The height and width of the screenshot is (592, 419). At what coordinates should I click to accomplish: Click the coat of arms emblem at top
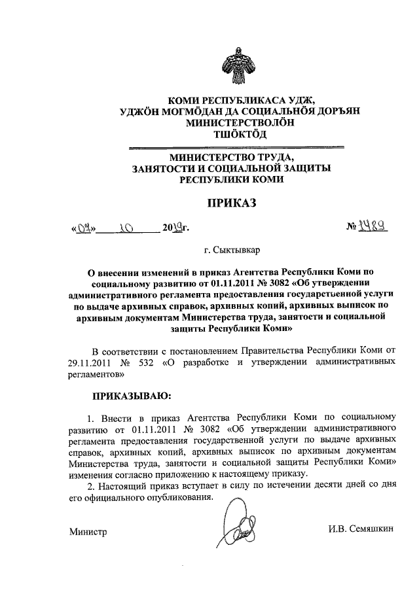[x=231, y=61]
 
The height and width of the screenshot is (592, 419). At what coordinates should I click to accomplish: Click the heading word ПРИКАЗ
[x=231, y=204]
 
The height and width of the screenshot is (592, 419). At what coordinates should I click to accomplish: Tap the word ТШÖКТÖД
[x=231, y=134]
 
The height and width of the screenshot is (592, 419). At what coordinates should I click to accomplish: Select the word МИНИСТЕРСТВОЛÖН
[x=231, y=122]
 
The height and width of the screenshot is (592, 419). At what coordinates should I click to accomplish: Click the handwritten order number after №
[x=369, y=226]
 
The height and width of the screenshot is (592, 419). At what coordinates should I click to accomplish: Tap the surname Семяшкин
[x=369, y=529]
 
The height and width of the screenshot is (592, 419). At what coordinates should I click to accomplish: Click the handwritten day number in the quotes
[x=84, y=229]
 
